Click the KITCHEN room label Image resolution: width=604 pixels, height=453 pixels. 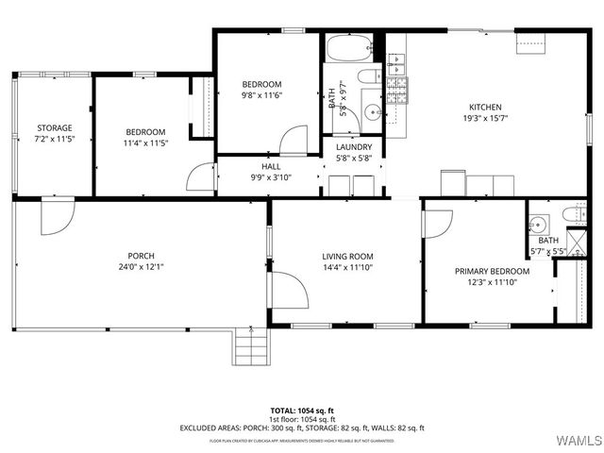tap(481, 108)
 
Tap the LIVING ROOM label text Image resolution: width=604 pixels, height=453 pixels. tap(347, 256)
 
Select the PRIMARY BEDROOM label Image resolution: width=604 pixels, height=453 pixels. tap(492, 272)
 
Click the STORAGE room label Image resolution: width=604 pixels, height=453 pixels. tap(54, 127)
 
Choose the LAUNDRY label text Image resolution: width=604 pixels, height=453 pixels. tap(354, 147)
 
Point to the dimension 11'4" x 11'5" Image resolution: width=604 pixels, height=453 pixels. tap(146, 143)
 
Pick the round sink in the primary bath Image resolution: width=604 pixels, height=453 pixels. tap(537, 225)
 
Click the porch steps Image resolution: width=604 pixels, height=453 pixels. tap(251, 352)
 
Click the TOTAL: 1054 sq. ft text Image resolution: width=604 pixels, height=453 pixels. tap(302, 411)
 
